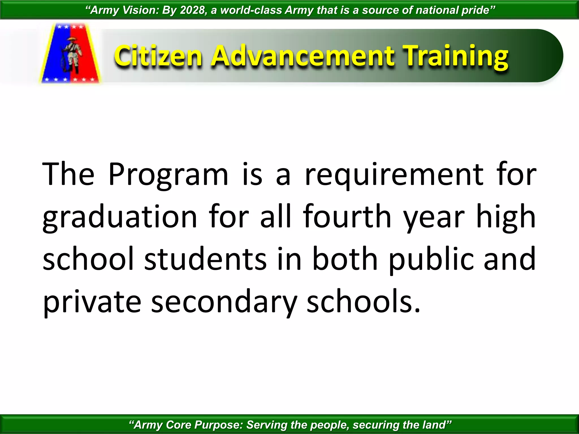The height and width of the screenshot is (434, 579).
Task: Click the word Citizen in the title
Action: [158, 57]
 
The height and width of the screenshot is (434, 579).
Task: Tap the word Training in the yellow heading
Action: [455, 57]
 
